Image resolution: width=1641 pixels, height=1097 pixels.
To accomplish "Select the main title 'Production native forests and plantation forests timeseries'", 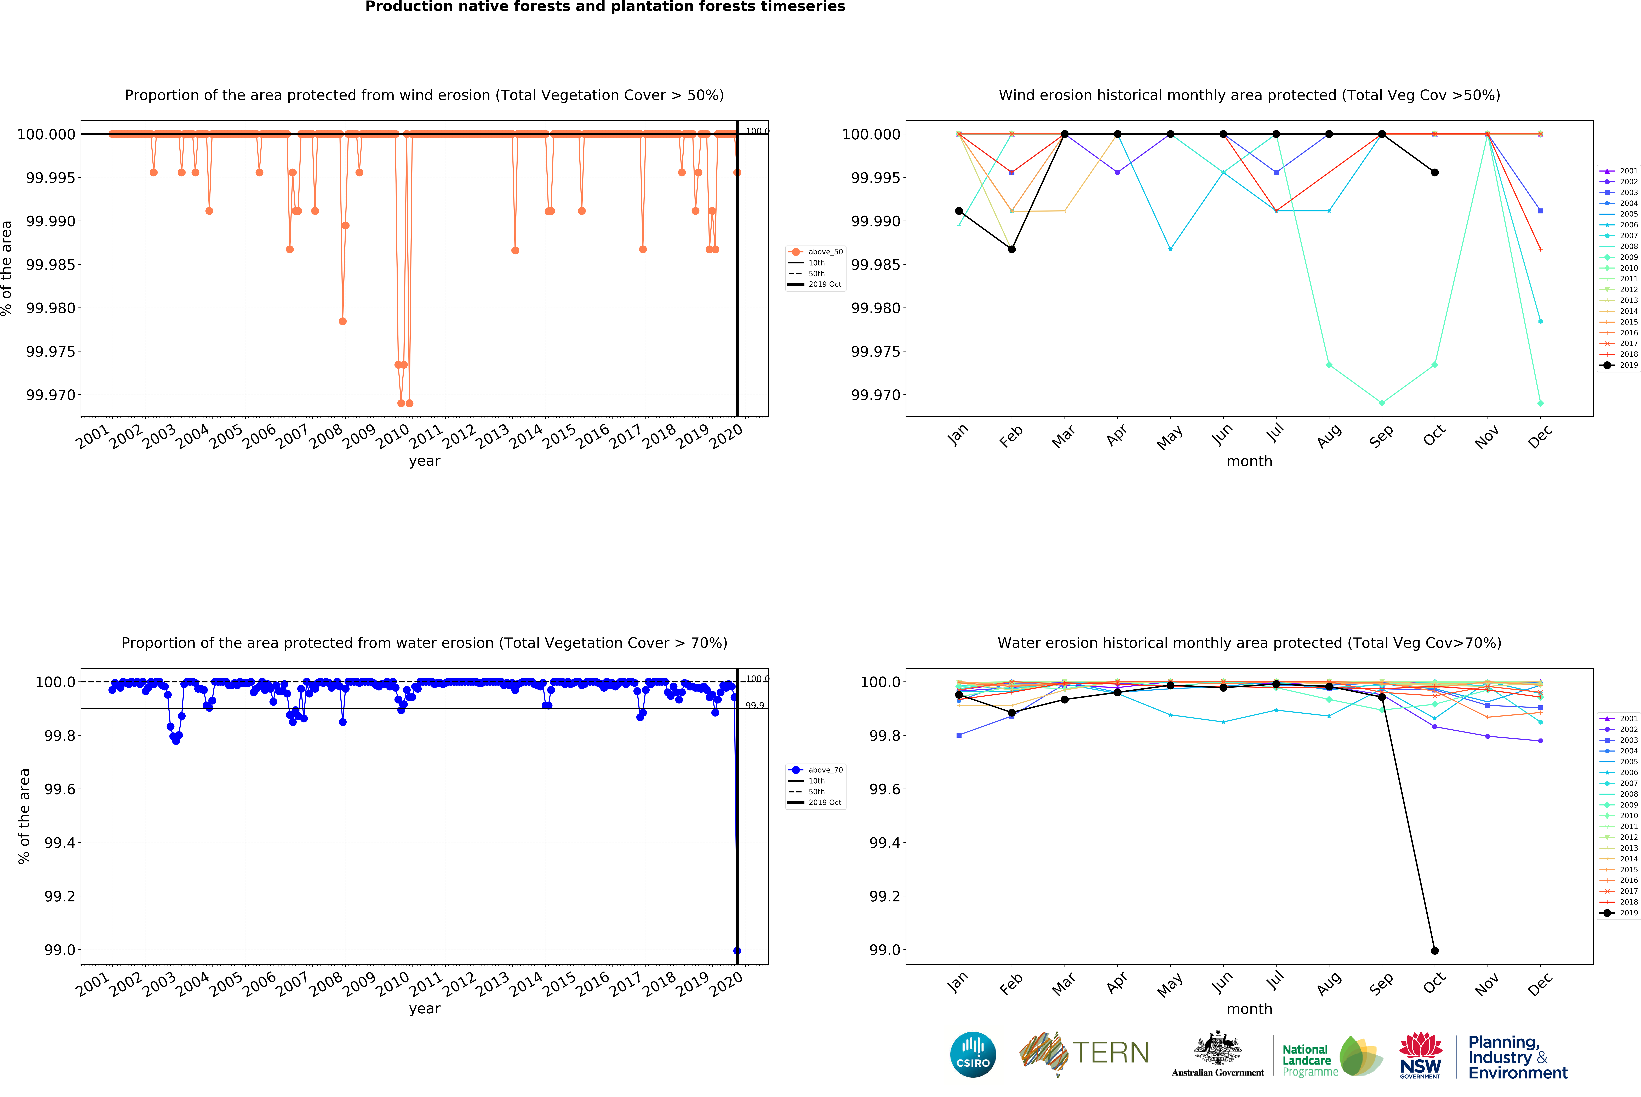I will click(605, 7).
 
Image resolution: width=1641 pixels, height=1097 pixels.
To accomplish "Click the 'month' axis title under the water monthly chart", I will click(1249, 1009).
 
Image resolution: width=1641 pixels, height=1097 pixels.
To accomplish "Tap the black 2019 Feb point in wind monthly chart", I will click(1011, 249).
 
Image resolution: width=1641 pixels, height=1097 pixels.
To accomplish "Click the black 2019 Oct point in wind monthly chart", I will click(1435, 172).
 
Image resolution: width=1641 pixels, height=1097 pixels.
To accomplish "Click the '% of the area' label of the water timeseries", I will click(25, 816).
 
